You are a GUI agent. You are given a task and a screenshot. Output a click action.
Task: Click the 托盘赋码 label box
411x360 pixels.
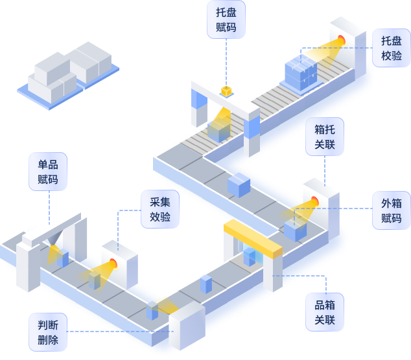point(226,19)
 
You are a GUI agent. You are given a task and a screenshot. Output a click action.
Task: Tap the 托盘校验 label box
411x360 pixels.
point(392,48)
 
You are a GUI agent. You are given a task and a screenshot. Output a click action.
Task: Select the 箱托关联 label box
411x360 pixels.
point(325,136)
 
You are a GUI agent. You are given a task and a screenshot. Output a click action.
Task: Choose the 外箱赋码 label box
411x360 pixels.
point(392,210)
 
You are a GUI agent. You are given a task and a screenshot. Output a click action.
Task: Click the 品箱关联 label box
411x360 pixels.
point(325,311)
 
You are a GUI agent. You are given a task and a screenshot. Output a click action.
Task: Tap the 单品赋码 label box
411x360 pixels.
point(48,172)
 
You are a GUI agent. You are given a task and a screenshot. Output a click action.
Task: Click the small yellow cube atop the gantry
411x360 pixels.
point(226,91)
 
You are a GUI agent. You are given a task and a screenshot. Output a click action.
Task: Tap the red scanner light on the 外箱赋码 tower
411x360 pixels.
point(315,200)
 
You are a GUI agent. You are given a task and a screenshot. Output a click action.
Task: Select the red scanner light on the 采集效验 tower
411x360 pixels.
point(113,263)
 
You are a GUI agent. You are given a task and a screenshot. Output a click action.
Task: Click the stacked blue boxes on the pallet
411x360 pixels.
point(301,73)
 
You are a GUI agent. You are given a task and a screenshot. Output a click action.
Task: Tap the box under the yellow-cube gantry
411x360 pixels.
point(218,131)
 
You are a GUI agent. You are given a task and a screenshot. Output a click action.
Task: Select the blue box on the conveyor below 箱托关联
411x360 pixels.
point(239,185)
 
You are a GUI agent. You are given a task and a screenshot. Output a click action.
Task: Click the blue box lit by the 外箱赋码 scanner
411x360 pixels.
point(295,229)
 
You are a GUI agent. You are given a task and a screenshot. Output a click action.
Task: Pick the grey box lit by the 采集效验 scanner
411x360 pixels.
point(95,280)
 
